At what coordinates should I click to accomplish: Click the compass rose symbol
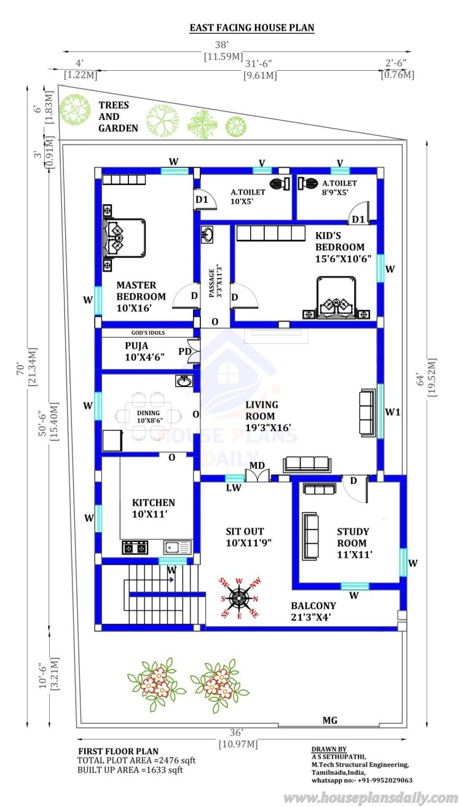tap(239, 598)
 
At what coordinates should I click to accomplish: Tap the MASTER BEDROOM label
tap(141, 296)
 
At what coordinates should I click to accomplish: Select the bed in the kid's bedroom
tap(336, 298)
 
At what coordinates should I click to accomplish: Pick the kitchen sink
tap(178, 547)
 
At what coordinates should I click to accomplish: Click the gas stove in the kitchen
tap(135, 547)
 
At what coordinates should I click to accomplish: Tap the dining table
tap(148, 416)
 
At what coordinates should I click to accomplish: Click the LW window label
tap(234, 488)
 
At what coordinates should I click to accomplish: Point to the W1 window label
tap(393, 411)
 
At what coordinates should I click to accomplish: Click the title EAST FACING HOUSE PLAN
tap(252, 28)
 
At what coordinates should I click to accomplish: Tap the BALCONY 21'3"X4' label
tap(313, 611)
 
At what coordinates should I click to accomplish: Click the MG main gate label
tap(330, 720)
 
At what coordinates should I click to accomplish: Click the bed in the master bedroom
tap(124, 238)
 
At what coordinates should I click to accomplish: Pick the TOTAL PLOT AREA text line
tap(136, 760)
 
